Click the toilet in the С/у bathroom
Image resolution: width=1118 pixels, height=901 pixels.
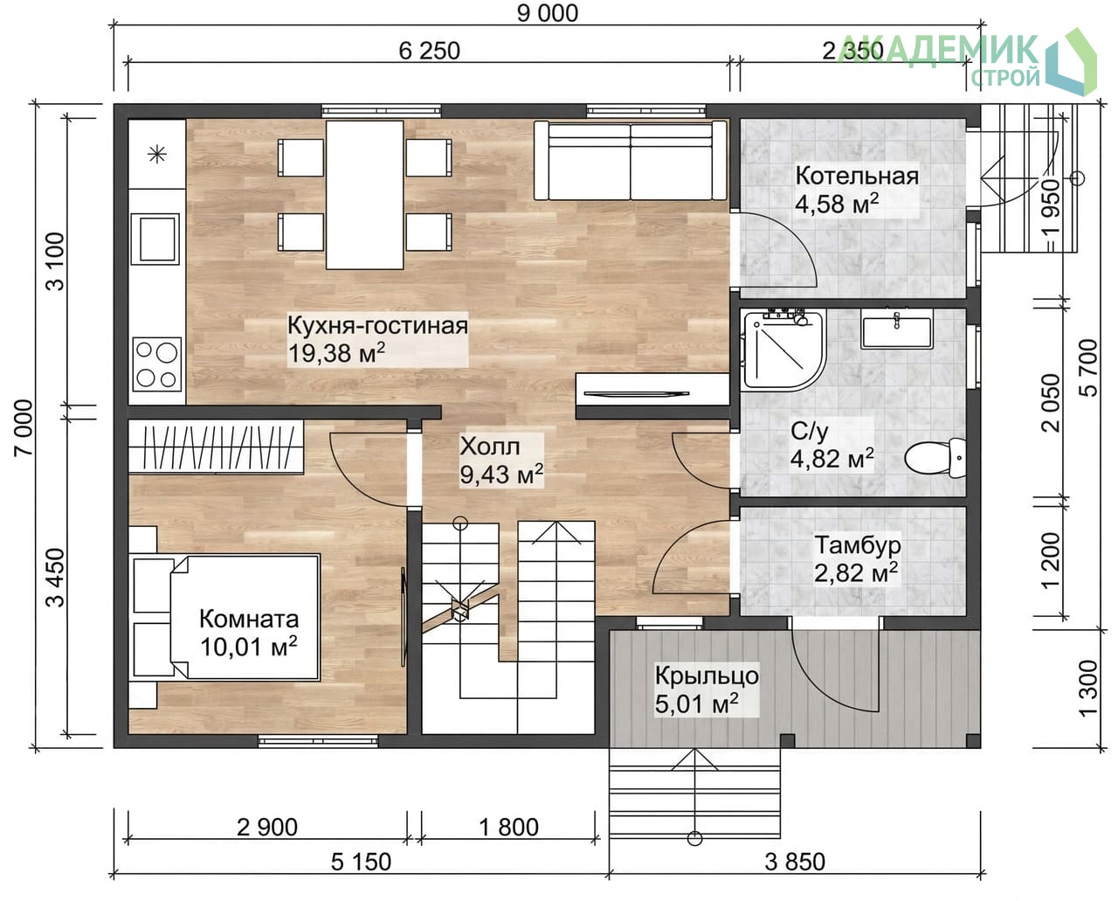click(x=935, y=458)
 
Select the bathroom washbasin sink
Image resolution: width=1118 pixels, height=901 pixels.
click(x=896, y=329)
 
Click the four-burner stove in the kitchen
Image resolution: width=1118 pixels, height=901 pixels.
click(x=156, y=364)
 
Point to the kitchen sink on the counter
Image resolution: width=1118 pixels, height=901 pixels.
click(x=155, y=239)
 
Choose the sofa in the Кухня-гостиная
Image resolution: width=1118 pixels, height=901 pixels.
click(x=630, y=160)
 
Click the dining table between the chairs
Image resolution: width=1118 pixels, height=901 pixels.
click(x=365, y=195)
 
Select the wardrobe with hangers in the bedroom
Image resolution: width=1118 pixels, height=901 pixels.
click(x=216, y=447)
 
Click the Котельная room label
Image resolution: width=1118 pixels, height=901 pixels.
click(x=857, y=177)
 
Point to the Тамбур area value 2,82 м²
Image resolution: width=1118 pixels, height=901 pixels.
click(x=856, y=573)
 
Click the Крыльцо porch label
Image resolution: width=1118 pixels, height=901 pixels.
click(x=707, y=676)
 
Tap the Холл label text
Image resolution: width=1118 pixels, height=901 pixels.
click(x=490, y=446)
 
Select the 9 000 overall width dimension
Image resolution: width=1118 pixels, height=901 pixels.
click(x=548, y=13)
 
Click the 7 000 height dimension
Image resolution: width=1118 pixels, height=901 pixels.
click(x=24, y=427)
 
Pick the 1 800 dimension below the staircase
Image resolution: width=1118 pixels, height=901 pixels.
click(x=508, y=828)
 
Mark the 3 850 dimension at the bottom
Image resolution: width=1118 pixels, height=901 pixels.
click(x=795, y=862)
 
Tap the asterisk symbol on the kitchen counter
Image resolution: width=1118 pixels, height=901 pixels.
click(x=157, y=155)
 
